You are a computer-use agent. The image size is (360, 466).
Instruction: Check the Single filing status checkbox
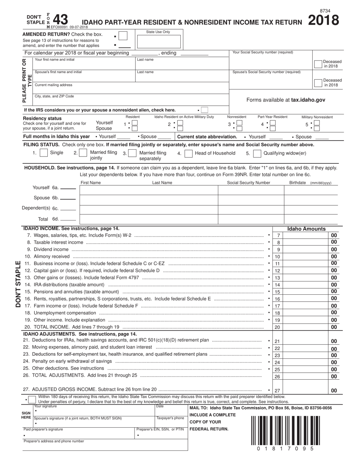tap(44, 153)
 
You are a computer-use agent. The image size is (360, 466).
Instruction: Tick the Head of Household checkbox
tap(188, 153)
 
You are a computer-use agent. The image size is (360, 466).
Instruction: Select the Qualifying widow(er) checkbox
tap(257, 153)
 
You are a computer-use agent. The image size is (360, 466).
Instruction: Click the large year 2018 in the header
tap(323, 20)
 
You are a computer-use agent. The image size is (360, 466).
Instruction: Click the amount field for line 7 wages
tap(305, 236)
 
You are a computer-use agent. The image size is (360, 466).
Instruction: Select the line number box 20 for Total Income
tap(277, 327)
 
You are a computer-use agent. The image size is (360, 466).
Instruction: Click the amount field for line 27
tap(305, 390)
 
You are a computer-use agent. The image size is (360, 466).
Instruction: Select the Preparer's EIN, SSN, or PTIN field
tap(161, 435)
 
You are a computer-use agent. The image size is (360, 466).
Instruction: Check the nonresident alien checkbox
tap(205, 110)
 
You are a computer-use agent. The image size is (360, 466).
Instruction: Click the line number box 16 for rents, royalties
tap(277, 299)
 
